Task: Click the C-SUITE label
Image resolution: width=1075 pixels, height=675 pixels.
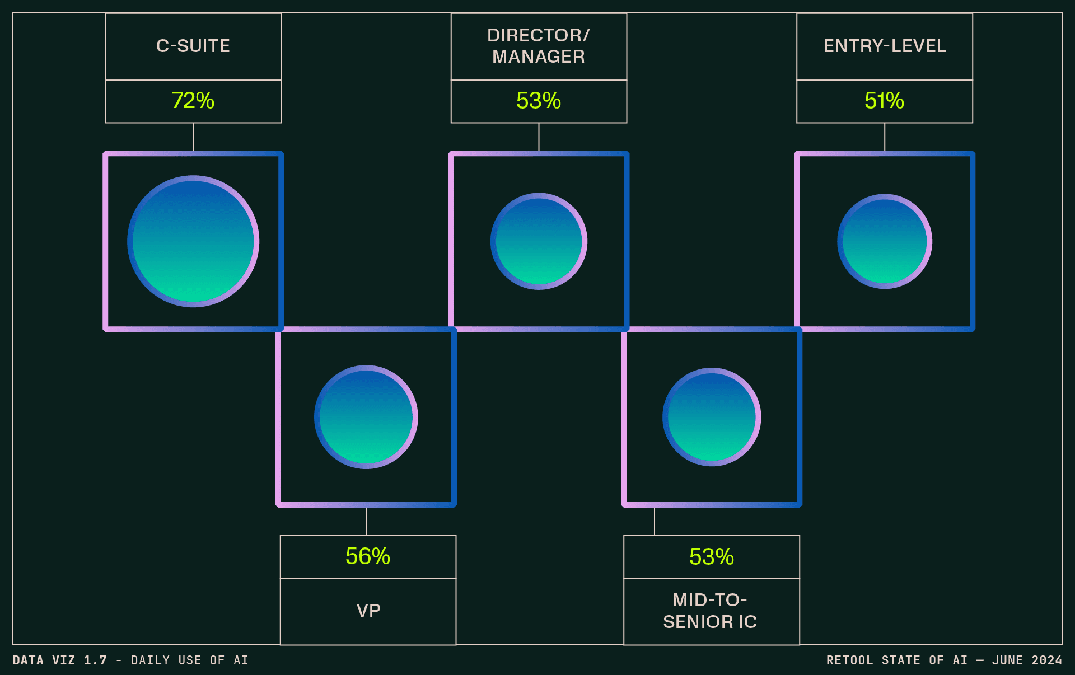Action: (x=193, y=46)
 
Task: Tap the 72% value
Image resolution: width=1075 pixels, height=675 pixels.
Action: (x=193, y=101)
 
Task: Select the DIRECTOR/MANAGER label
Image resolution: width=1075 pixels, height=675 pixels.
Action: (x=539, y=46)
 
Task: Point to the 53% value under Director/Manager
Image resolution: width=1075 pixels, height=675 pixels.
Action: (x=539, y=101)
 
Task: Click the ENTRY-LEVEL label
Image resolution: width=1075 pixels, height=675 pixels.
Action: (x=885, y=46)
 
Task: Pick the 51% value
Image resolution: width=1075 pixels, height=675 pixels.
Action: (x=885, y=101)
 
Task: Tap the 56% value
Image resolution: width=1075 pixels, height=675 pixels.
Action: (x=368, y=556)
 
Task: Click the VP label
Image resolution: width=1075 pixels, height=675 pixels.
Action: (x=368, y=610)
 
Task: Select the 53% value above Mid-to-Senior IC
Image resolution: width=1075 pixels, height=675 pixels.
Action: (x=712, y=556)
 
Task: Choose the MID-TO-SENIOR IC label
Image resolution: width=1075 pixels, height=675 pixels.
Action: (x=711, y=611)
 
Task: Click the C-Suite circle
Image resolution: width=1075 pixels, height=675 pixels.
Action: (x=193, y=241)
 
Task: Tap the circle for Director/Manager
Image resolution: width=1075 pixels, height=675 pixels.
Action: (x=539, y=241)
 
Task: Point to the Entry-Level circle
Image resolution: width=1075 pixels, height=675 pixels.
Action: (x=885, y=241)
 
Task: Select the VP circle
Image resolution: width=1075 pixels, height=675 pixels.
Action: (x=366, y=417)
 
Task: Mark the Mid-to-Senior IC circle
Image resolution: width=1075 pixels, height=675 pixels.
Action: (x=712, y=417)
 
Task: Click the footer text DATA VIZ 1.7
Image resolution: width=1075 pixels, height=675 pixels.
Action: (x=59, y=660)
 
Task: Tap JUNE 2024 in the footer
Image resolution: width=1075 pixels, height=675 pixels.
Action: (x=1027, y=660)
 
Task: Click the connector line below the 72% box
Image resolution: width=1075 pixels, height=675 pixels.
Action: (x=193, y=137)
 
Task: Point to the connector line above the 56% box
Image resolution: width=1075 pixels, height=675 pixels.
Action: (x=366, y=521)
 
